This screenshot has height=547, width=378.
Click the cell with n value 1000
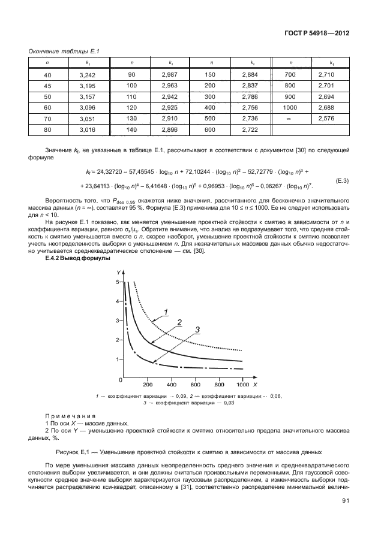291,108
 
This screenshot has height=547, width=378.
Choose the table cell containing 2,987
170,75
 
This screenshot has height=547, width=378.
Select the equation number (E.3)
340,180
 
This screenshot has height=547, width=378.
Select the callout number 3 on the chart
197,329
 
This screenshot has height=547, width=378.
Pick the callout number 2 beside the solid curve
179,322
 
